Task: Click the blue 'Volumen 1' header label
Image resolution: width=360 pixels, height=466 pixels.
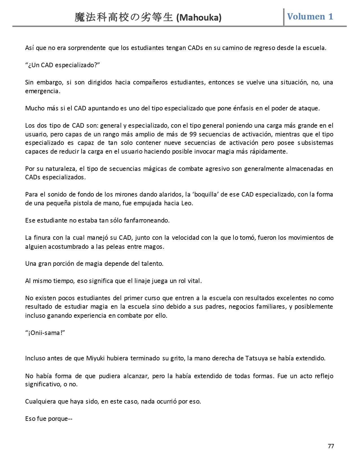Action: point(310,16)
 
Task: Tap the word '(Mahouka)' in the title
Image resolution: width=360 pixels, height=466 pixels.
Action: point(199,18)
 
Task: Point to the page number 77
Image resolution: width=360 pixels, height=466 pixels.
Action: point(331,446)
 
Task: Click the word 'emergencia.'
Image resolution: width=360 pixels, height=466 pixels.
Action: point(43,91)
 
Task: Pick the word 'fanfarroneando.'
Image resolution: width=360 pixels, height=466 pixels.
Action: point(147,220)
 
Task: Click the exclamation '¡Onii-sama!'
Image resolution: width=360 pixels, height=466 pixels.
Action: point(45,332)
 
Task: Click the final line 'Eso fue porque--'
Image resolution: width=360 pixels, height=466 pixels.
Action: point(49,419)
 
